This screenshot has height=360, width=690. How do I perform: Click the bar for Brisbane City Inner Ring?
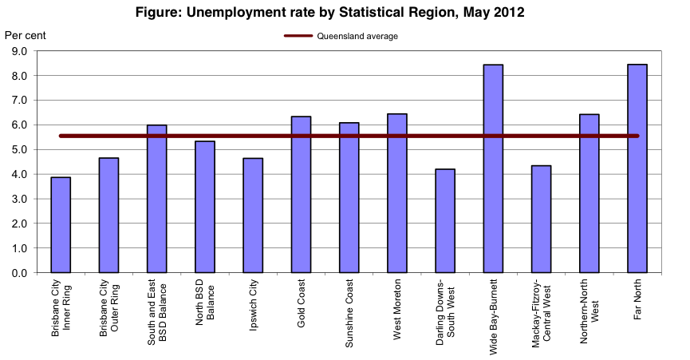pos(61,225)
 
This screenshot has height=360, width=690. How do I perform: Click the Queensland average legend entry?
pos(341,36)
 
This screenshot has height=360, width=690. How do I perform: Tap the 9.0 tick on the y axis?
pos(18,51)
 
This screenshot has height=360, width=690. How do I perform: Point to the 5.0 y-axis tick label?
pos(18,150)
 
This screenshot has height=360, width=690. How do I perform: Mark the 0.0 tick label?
pos(18,273)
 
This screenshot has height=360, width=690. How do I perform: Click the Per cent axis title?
pos(25,35)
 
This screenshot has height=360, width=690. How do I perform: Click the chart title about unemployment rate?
pos(345,13)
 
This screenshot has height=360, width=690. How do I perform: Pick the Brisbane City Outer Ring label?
pos(108,308)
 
